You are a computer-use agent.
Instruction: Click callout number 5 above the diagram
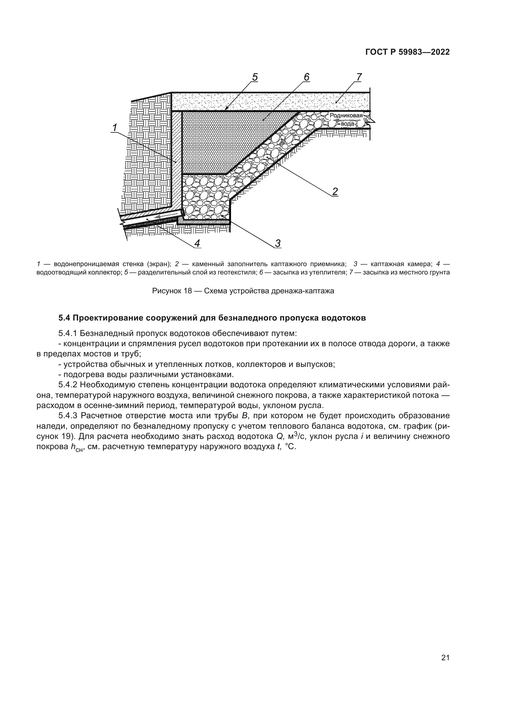click(x=255, y=77)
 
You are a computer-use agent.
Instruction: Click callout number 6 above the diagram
click(x=306, y=77)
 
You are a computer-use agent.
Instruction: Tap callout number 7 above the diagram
click(x=359, y=77)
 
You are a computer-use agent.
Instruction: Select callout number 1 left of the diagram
click(x=115, y=128)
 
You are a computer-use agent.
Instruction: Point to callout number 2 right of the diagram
click(x=335, y=191)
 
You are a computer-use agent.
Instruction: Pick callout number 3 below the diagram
click(x=278, y=243)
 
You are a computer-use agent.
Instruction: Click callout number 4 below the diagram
click(x=197, y=243)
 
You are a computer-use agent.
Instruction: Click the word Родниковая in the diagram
click(x=346, y=116)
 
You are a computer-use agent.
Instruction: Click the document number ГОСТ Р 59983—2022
click(x=408, y=52)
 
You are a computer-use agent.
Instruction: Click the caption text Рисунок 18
click(x=172, y=291)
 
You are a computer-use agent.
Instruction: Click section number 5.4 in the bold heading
click(x=65, y=318)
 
